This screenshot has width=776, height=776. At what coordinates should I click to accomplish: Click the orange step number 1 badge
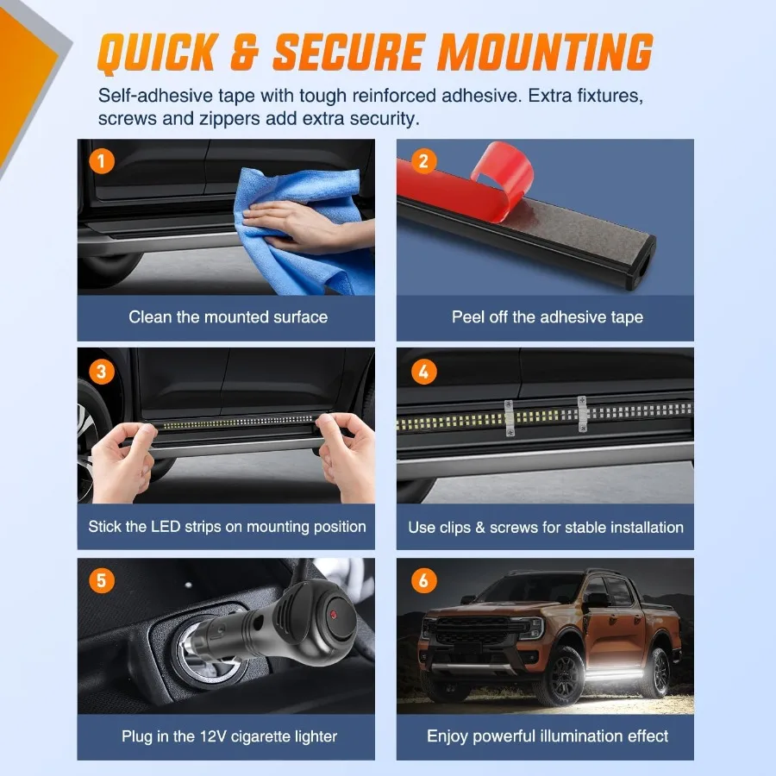tap(102, 161)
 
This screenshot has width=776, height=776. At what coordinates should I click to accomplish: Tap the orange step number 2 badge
tap(423, 161)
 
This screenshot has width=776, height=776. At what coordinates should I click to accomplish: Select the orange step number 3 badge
tap(102, 371)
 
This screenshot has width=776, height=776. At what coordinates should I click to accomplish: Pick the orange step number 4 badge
tap(423, 371)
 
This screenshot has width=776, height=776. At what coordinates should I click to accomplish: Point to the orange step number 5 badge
tap(102, 580)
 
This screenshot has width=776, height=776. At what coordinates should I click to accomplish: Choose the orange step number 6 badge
tap(423, 580)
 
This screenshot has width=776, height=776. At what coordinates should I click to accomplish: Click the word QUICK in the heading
tap(158, 53)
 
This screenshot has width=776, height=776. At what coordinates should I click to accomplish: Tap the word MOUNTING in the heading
tap(544, 52)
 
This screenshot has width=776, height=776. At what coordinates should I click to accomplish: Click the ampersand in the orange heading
tap(245, 52)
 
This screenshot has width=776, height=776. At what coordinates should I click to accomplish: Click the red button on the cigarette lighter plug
tap(333, 615)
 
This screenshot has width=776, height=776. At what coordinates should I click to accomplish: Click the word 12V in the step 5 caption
tap(213, 736)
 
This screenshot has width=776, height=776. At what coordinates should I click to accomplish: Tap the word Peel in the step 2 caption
tap(468, 316)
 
